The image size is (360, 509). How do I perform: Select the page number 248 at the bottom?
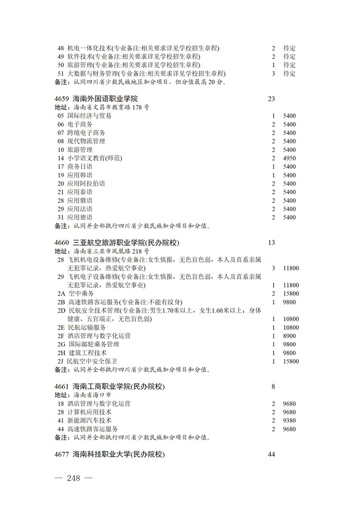74,478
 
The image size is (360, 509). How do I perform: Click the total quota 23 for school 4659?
272,99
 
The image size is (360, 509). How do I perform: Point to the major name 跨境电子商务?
86,132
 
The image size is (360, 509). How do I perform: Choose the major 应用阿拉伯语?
86,183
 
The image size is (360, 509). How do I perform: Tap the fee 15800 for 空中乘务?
291,293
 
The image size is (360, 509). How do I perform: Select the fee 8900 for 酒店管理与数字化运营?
289,336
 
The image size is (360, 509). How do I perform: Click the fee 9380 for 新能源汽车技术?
289,421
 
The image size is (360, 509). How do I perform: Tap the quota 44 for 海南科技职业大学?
272,454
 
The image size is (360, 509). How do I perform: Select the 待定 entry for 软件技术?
289,57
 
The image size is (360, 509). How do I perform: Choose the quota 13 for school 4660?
272,243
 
